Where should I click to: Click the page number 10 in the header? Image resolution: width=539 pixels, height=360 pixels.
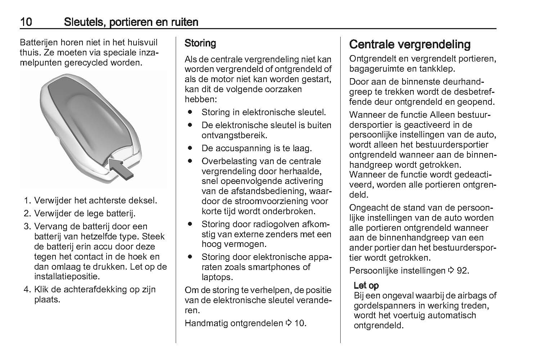pyautogui.click(x=26, y=22)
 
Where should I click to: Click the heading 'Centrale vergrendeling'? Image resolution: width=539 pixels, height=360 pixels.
pyautogui.click(x=410, y=45)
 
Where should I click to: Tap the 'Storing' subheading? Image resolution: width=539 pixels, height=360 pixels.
pyautogui.click(x=200, y=44)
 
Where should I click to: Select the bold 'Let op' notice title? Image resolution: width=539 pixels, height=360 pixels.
pyautogui.click(x=366, y=285)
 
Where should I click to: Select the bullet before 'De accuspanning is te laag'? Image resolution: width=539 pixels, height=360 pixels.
pyautogui.click(x=190, y=148)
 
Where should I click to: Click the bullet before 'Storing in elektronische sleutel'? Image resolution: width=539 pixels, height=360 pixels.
pyautogui.click(x=190, y=112)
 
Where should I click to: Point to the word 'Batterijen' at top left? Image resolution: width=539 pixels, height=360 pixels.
pyautogui.click(x=39, y=42)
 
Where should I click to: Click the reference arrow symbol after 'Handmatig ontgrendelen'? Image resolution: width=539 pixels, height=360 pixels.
pyautogui.click(x=289, y=323)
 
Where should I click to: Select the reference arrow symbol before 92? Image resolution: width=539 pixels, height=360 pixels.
pyautogui.click(x=451, y=270)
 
